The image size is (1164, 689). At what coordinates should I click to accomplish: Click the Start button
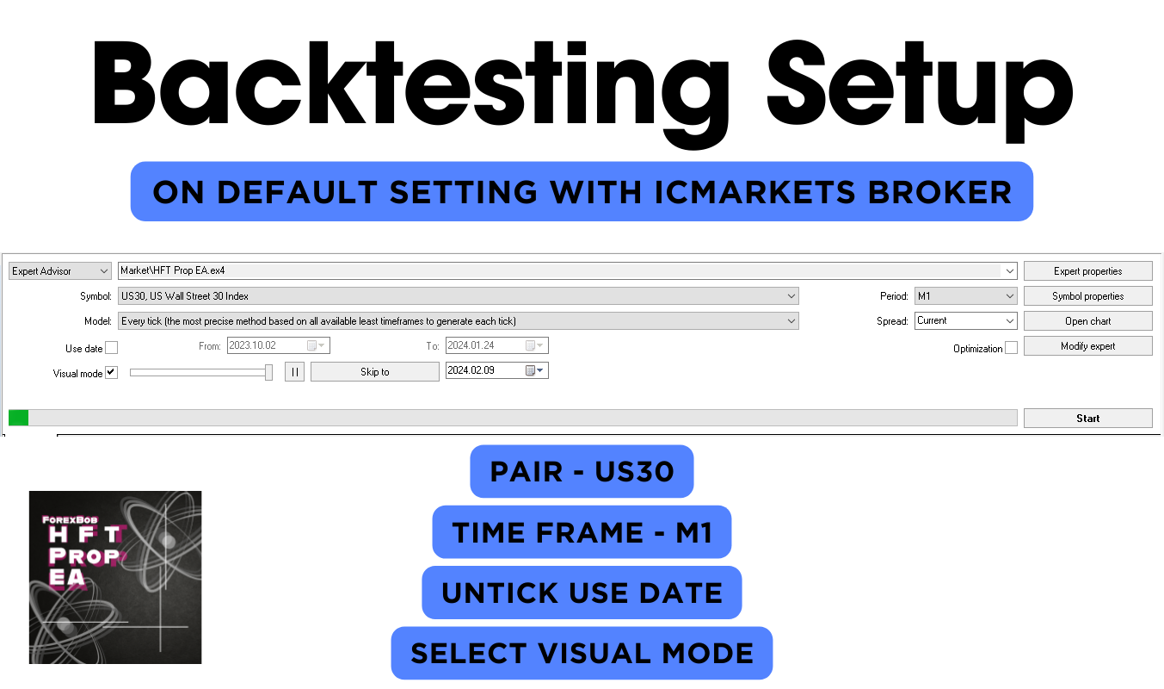(x=1087, y=418)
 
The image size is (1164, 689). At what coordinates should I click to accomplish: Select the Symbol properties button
(x=1087, y=296)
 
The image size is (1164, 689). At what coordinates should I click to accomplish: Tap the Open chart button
(x=1087, y=321)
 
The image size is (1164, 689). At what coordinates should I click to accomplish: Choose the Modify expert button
(x=1087, y=346)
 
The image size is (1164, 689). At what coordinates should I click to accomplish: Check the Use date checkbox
(x=111, y=348)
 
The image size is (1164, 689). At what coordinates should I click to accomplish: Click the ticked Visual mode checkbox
(x=111, y=373)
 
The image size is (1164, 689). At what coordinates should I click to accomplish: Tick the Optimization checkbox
(x=1011, y=348)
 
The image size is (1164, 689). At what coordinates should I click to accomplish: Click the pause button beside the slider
(x=294, y=371)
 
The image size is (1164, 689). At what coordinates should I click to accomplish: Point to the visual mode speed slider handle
(x=268, y=372)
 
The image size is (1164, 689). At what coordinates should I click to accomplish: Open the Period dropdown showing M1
(x=965, y=296)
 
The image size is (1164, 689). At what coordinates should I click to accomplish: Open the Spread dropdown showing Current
(x=965, y=320)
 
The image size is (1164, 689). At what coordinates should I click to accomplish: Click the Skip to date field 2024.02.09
(x=496, y=370)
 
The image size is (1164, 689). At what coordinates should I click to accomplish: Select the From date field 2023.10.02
(x=279, y=345)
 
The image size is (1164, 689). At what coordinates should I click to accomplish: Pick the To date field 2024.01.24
(x=496, y=345)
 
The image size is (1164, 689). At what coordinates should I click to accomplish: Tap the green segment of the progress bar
(x=19, y=418)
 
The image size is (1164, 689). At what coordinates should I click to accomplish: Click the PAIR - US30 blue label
(x=582, y=471)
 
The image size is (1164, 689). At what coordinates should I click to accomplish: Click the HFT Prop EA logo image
(x=115, y=577)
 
